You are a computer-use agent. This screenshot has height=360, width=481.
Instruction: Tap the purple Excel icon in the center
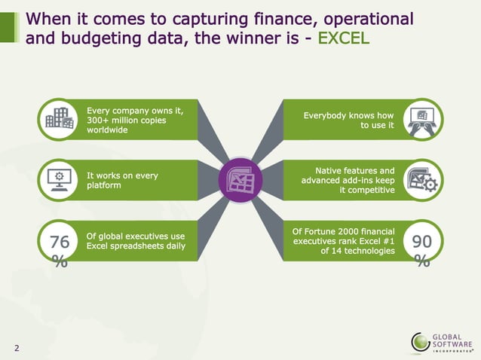[240, 180]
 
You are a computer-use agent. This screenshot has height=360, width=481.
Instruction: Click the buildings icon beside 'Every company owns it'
[60, 120]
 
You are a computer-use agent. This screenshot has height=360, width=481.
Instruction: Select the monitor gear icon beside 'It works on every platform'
[60, 180]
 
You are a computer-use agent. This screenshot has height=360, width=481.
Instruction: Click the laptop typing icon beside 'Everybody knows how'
[422, 120]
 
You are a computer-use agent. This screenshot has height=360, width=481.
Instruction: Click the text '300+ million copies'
[127, 120]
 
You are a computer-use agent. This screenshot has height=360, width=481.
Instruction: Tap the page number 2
[17, 347]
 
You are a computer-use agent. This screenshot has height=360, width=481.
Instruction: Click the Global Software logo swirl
[421, 341]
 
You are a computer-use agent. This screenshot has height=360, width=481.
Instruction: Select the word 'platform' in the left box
[104, 185]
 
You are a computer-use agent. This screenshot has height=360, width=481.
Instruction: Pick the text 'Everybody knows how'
[348, 115]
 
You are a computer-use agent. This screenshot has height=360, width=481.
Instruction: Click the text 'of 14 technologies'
[357, 251]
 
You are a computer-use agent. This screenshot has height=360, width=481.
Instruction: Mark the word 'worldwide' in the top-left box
[108, 130]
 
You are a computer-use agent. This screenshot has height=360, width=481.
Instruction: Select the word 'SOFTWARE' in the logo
[450, 343]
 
